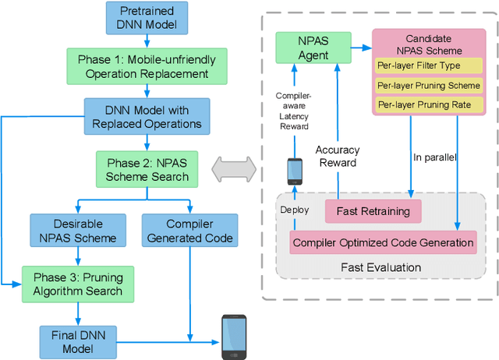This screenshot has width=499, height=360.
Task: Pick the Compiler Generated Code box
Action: pos(188,230)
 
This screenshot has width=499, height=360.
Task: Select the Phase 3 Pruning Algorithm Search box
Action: pos(77,283)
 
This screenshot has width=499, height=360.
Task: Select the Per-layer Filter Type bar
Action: pos(429,65)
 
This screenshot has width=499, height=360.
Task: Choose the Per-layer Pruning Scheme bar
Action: pos(429,85)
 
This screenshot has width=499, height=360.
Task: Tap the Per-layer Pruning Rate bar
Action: pos(429,104)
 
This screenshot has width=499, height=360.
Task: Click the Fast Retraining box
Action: pos(367,211)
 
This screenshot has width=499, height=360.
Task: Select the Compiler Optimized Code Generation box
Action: pos(383,242)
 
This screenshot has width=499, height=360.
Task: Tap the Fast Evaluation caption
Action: pos(381,267)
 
